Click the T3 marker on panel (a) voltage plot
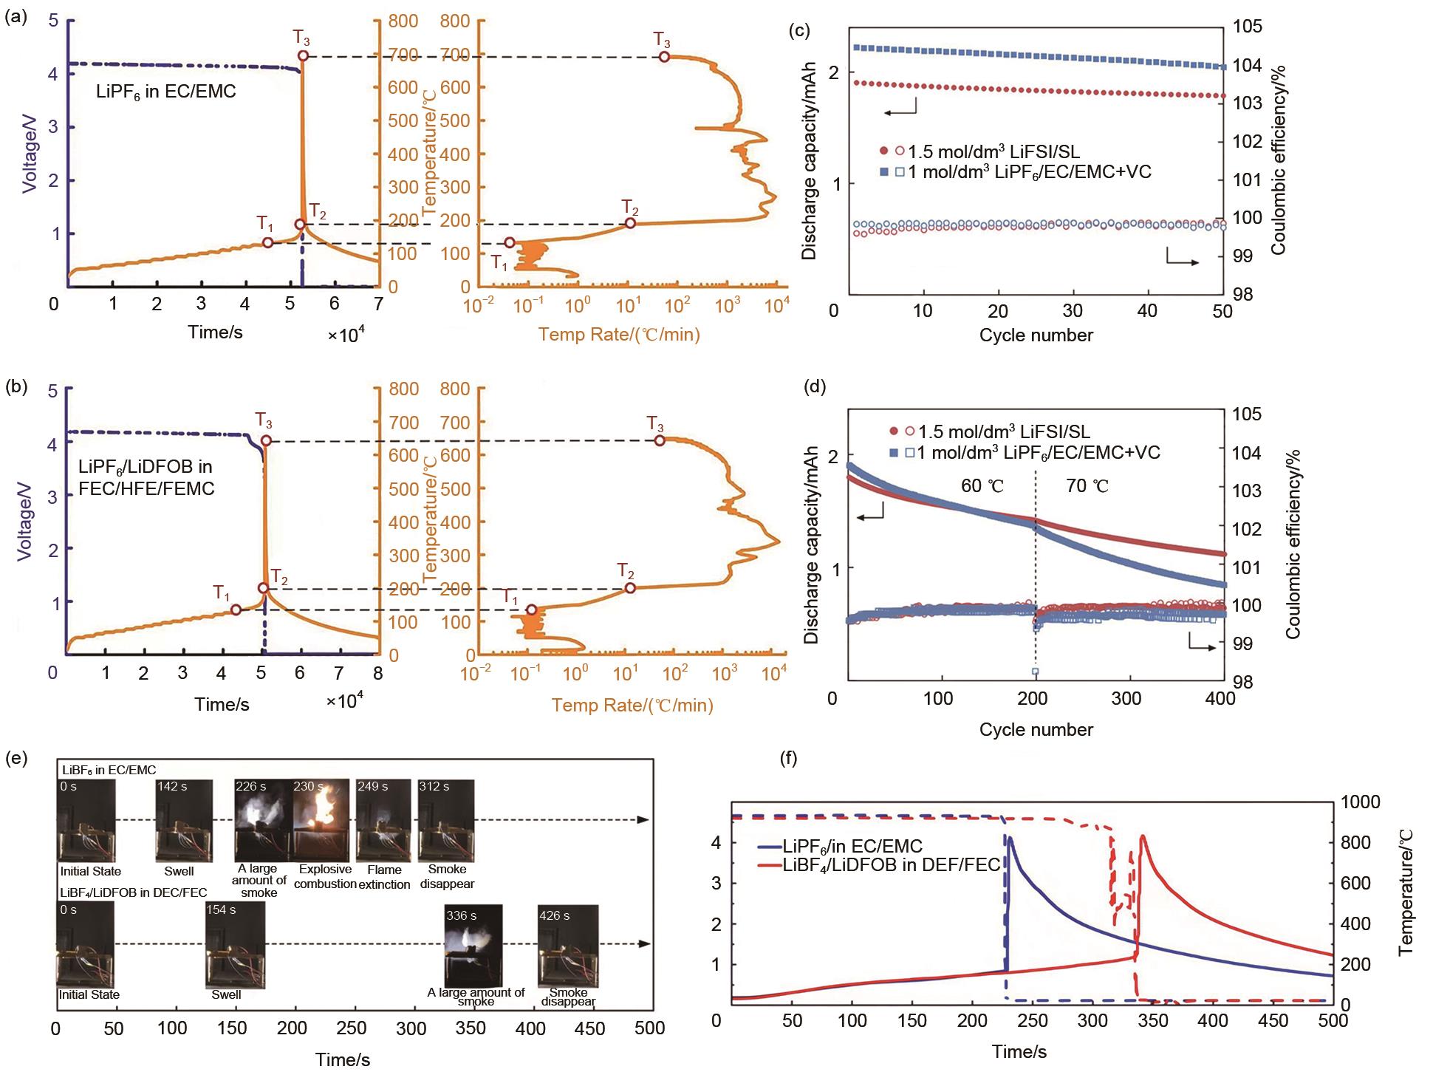303,56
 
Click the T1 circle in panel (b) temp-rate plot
531,610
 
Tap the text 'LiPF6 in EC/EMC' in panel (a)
166,93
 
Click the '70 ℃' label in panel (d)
1087,486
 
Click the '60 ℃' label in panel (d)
982,486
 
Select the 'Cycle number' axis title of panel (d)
1036,730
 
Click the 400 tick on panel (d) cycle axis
1222,698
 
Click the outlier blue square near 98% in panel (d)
1036,671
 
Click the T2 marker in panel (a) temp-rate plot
630,223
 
